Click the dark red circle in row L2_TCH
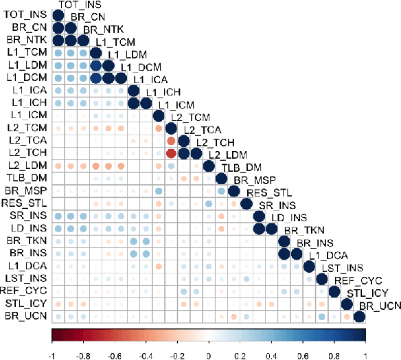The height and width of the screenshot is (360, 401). [171, 153]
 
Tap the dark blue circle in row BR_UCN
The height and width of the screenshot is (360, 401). [358, 316]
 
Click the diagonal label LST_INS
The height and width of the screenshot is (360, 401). [339, 266]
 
